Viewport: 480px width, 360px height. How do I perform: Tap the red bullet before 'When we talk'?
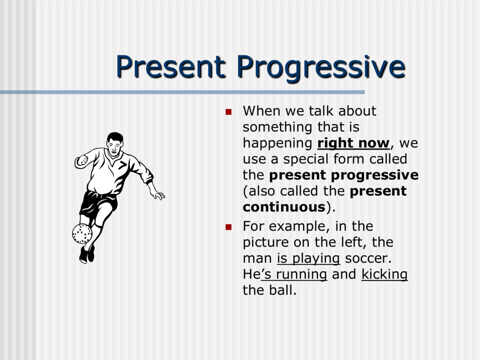point(229,112)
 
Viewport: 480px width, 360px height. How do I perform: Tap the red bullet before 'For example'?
point(229,227)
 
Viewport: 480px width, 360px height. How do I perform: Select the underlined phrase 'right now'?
point(353,143)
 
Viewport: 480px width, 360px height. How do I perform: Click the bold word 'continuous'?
point(284,207)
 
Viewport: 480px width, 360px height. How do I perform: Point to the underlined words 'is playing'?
point(308,258)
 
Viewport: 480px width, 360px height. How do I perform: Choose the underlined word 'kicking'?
point(384,274)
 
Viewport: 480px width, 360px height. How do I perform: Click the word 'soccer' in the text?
point(367,258)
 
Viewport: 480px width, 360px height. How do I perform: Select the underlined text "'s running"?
point(294,274)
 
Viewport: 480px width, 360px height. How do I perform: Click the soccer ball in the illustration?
point(82,233)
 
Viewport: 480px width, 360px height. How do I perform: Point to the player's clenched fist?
point(82,160)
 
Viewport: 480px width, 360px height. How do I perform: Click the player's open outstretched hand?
point(158,194)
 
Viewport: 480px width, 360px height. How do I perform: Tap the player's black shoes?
point(87,254)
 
